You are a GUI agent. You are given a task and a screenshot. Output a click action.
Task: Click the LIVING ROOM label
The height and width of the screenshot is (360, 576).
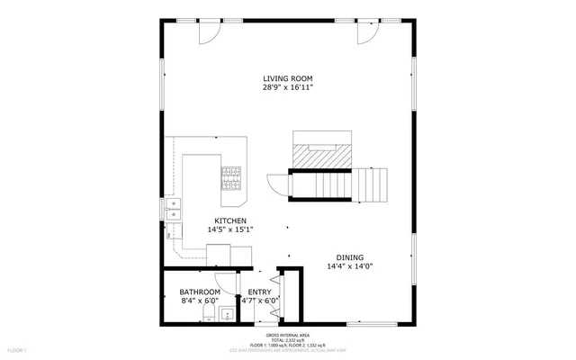287,78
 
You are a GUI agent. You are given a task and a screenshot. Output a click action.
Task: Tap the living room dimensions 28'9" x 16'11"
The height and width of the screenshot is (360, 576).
287,88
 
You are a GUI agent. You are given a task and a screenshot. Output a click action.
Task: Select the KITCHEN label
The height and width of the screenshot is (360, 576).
229,220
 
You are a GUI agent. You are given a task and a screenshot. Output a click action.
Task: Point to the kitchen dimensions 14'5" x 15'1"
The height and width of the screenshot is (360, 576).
229,230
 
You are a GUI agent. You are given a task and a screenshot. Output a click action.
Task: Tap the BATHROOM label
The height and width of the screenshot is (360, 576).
199,292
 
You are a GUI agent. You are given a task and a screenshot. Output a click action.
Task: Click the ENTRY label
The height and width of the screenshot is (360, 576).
259,292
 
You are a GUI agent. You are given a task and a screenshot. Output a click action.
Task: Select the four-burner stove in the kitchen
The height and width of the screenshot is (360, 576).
232,177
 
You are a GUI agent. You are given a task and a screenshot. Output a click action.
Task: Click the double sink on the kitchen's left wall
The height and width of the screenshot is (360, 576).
172,210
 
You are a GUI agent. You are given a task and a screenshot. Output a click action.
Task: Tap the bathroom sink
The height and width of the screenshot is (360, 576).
225,314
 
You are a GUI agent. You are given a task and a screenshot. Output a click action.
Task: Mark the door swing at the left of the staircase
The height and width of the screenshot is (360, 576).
278,184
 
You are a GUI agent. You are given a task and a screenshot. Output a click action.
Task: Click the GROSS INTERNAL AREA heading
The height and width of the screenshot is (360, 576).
288,332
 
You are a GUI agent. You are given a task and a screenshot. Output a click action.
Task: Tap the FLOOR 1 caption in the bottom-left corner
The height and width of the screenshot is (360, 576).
18,348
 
